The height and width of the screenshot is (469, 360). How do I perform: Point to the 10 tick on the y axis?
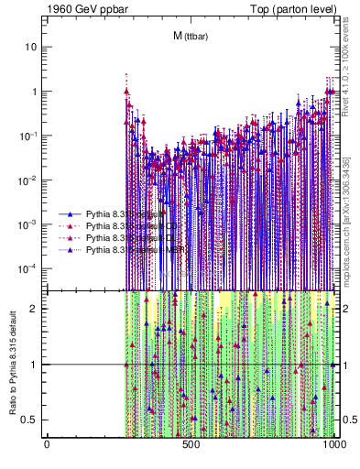[32, 47]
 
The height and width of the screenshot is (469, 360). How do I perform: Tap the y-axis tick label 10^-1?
[30, 136]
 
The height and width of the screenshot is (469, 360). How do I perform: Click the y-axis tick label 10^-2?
[30, 180]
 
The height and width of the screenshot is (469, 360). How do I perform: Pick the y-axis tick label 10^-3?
[30, 224]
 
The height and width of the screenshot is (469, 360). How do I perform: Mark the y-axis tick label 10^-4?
[30, 267]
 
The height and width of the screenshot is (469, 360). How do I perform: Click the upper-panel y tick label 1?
[35, 92]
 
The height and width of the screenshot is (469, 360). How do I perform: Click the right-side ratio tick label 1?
[344, 365]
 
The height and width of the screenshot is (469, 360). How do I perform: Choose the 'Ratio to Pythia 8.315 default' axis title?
[11, 364]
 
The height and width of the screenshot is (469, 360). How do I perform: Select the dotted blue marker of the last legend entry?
[70, 250]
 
